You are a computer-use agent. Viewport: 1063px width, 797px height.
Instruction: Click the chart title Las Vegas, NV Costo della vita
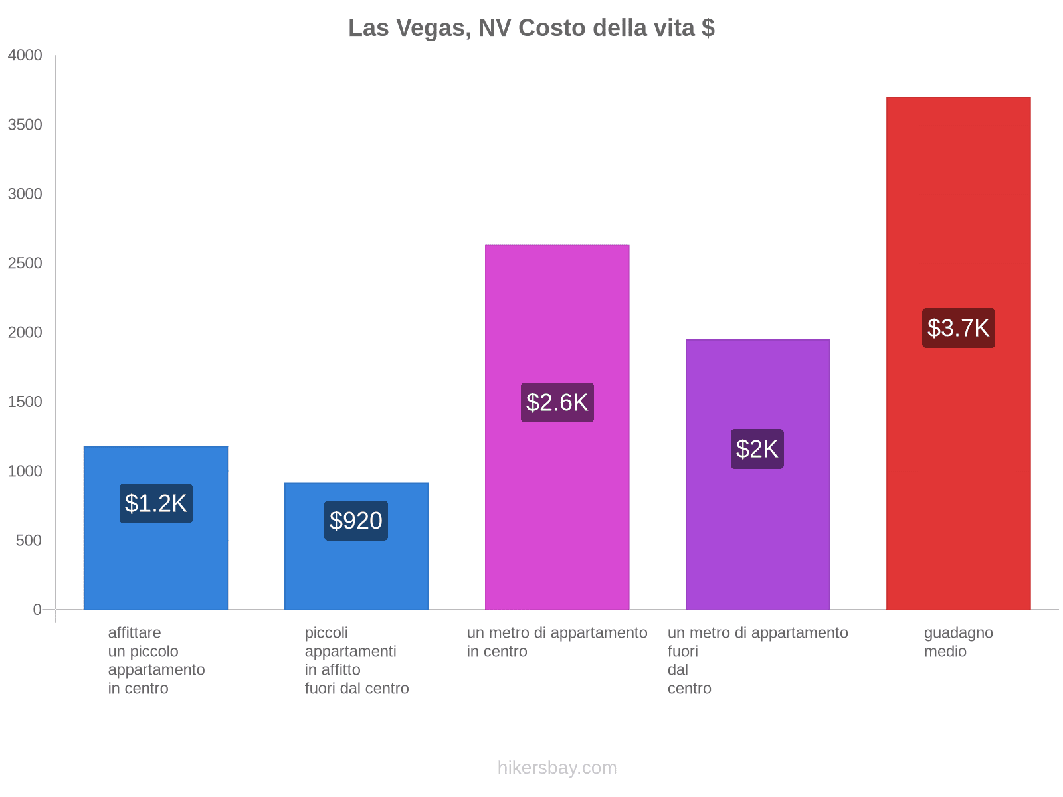pos(531,28)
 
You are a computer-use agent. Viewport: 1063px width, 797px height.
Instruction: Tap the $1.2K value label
pos(156,503)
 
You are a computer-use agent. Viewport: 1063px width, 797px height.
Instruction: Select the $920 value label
pos(356,521)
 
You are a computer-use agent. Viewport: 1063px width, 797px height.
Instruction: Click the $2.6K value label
pos(557,402)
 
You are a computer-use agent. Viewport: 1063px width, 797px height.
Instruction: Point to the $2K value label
pos(757,449)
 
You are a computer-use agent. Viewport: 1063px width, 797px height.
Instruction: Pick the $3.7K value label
pos(958,328)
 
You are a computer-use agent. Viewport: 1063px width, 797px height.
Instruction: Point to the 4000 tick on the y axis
pos(25,56)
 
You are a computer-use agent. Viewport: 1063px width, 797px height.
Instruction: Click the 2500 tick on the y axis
pos(25,264)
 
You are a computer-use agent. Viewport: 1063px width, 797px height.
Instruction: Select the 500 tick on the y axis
pos(29,541)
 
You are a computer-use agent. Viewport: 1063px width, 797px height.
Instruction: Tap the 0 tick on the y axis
pos(37,610)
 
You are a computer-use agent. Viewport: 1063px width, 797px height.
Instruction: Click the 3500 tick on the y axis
pos(25,125)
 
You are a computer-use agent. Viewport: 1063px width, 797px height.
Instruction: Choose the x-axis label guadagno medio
pos(958,642)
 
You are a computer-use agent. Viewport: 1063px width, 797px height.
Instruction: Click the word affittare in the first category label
pos(134,632)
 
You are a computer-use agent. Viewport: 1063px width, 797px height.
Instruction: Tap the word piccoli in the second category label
pos(326,632)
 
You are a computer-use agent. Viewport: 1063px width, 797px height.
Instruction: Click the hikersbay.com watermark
pos(557,768)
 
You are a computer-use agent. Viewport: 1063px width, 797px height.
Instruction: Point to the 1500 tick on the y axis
pos(25,402)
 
